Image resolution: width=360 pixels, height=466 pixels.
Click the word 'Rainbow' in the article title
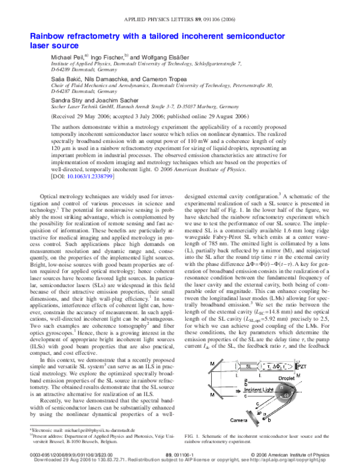click(51, 36)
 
